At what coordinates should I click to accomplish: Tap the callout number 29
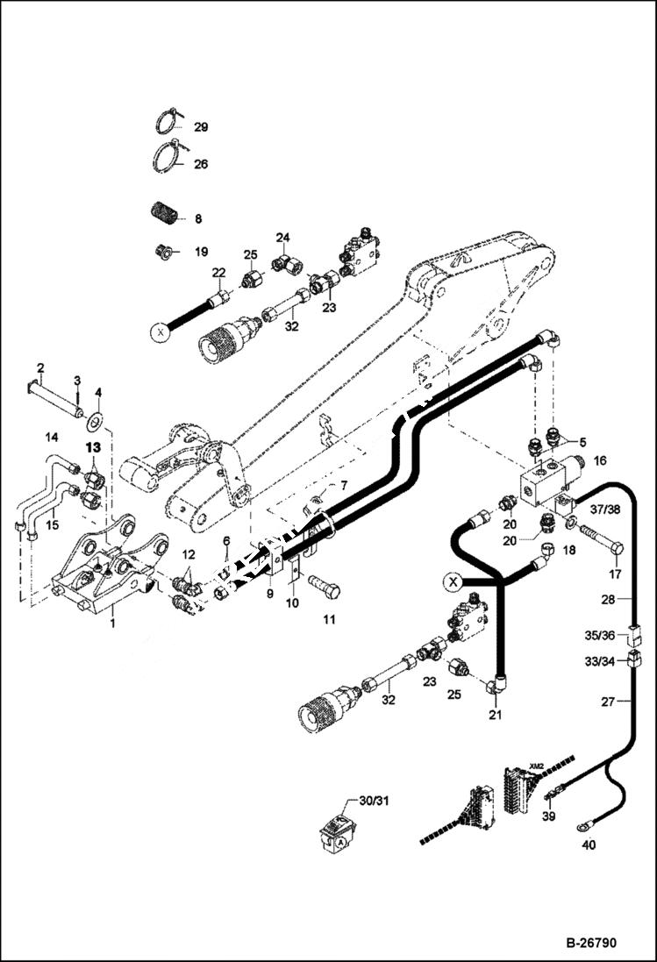(201, 127)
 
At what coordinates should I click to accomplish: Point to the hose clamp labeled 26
(169, 158)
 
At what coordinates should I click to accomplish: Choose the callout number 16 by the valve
(599, 460)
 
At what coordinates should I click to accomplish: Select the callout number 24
(282, 237)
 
